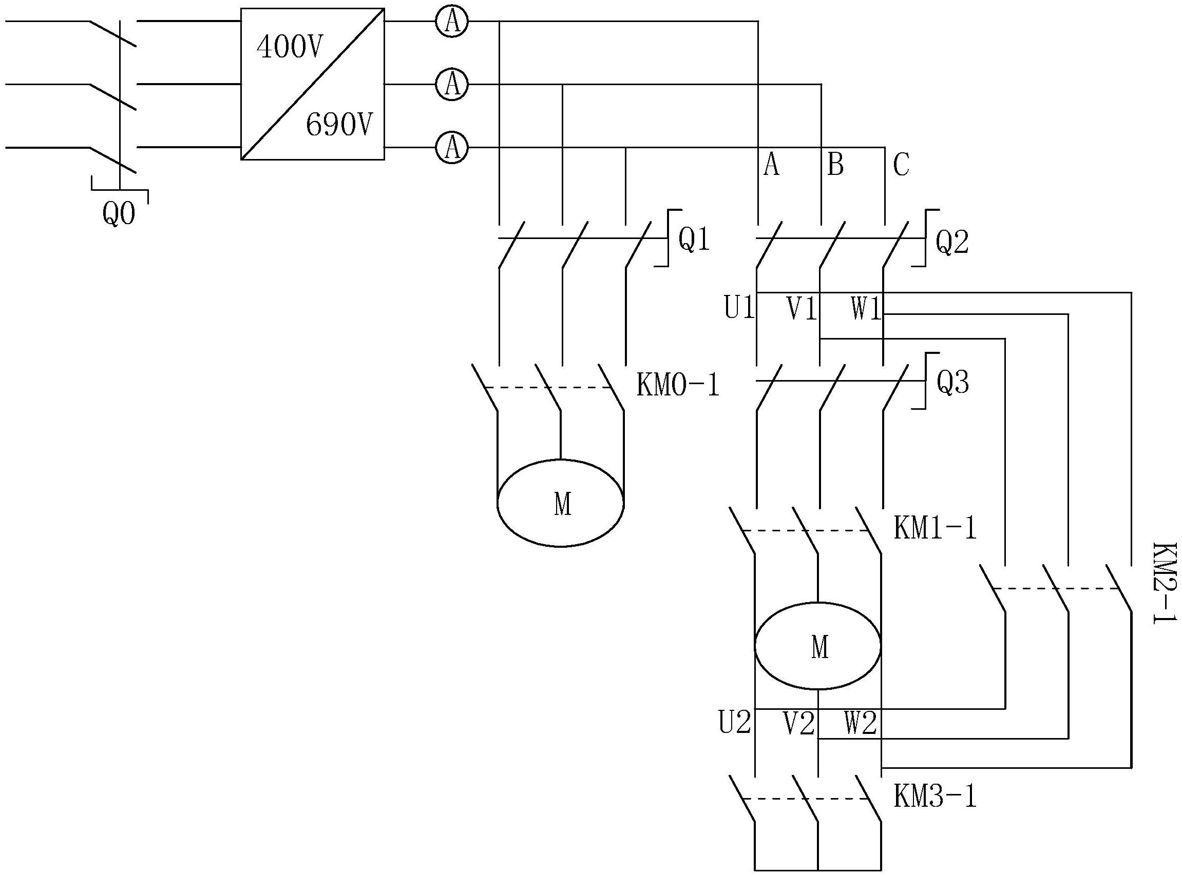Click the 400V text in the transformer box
tap(289, 47)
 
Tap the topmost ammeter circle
tap(452, 22)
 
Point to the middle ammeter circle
tap(452, 84)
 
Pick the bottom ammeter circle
tap(452, 147)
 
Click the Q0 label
tap(119, 214)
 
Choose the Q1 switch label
tap(694, 240)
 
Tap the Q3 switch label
tap(952, 383)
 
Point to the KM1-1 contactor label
tap(935, 529)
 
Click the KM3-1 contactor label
tap(935, 797)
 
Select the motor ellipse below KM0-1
tap(561, 503)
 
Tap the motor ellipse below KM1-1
tap(818, 646)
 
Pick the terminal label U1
tap(739, 308)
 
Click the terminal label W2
tap(861, 723)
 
